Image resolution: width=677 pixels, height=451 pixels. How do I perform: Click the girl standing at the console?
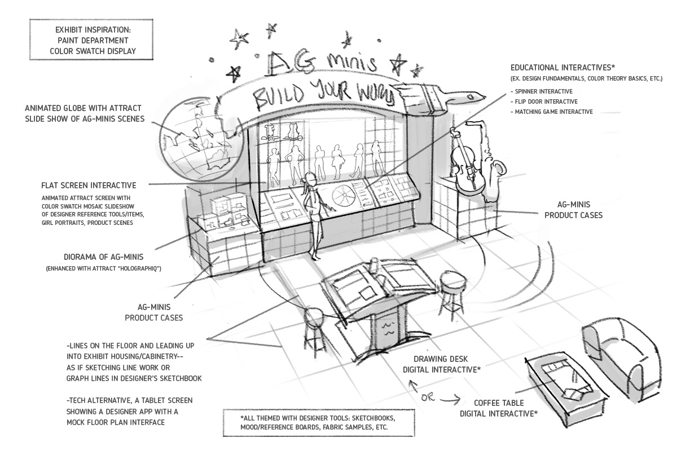click(x=312, y=214)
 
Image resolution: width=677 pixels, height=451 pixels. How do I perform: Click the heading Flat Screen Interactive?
click(x=88, y=185)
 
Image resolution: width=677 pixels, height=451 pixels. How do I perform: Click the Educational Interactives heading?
click(x=565, y=67)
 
